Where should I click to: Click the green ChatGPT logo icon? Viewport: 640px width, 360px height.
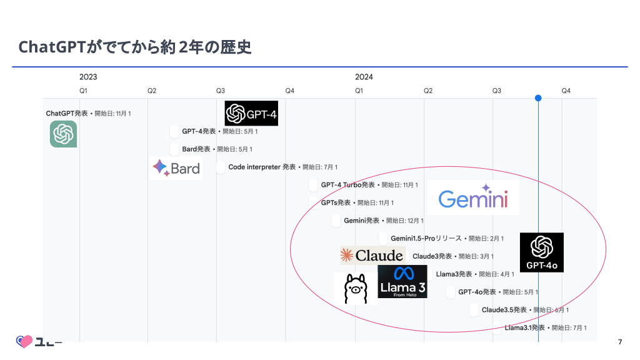pos(63,134)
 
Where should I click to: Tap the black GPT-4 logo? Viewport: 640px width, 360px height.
pos(251,114)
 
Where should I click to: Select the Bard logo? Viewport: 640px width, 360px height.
pos(176,167)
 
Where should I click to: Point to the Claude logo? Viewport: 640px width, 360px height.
pos(372,255)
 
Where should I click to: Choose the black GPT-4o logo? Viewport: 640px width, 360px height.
pos(541,252)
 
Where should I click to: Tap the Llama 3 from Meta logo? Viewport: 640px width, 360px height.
pos(402,281)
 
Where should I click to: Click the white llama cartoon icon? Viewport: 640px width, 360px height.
pos(355,289)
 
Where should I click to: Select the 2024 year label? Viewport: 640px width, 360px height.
pos(364,77)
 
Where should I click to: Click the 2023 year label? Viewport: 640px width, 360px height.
pos(88,77)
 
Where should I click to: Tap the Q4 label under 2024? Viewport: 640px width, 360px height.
pos(566,91)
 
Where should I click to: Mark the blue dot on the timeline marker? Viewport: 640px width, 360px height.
pos(538,98)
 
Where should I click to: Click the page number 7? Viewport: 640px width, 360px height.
pos(619,341)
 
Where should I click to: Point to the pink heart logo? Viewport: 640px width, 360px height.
pos(24,341)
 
